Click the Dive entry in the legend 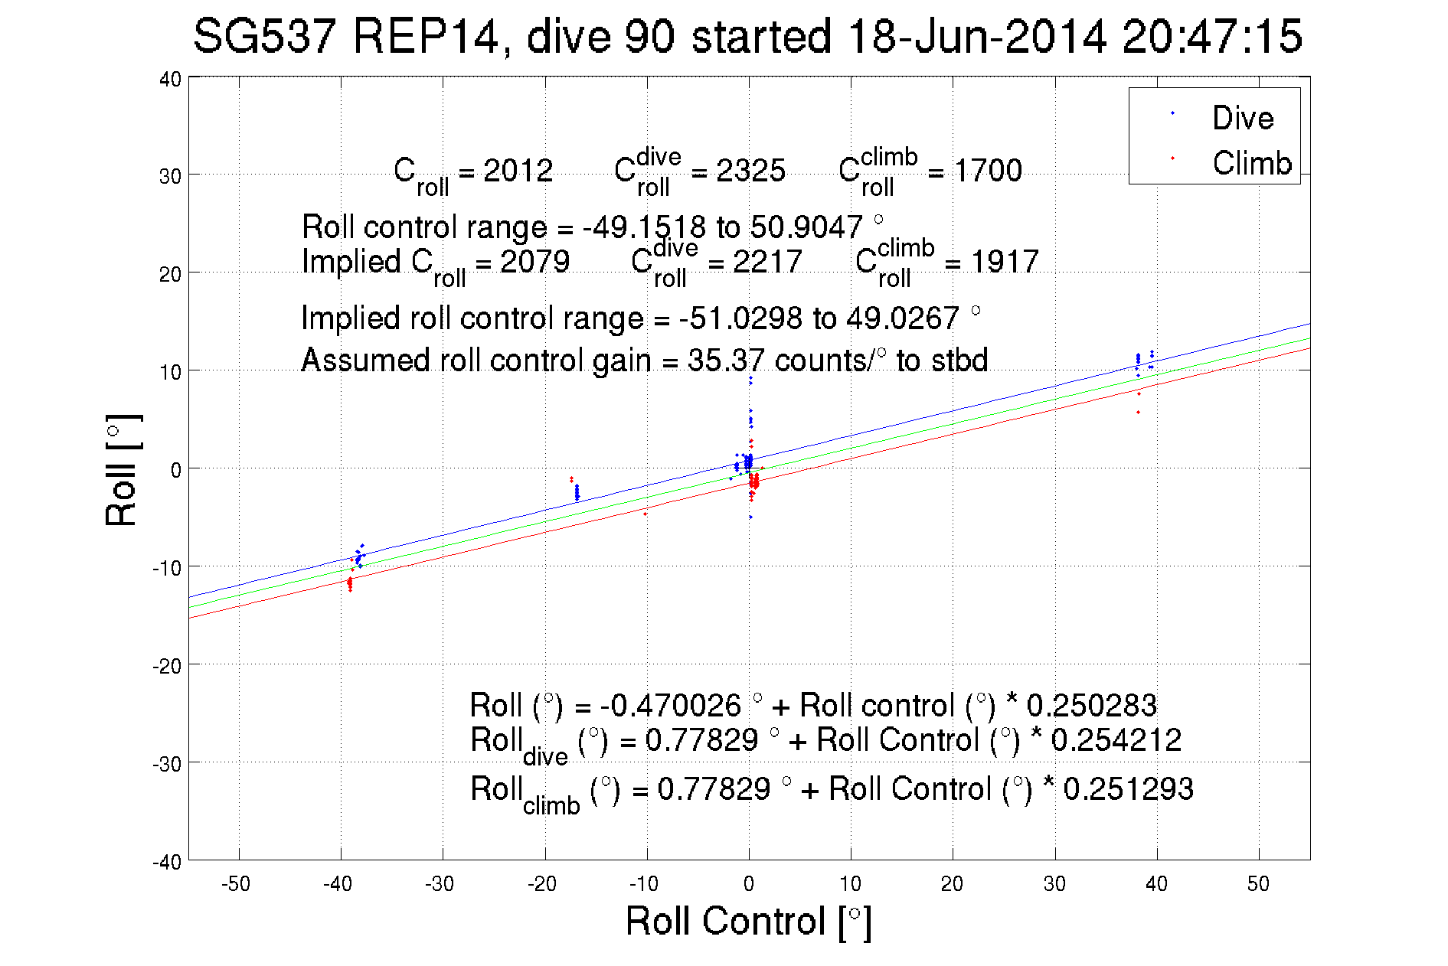1242,118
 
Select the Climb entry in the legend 1251,163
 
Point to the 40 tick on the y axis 170,80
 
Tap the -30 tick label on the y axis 166,764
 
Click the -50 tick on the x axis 235,884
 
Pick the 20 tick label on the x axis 952,884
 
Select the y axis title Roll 121,470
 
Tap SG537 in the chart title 264,37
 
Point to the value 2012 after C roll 518,171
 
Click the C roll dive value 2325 750,171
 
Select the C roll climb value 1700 987,171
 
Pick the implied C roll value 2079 534,262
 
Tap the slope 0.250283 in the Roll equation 1091,705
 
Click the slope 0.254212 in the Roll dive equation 1116,740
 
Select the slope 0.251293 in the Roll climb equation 1128,789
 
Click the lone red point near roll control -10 646,514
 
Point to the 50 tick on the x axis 1258,884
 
